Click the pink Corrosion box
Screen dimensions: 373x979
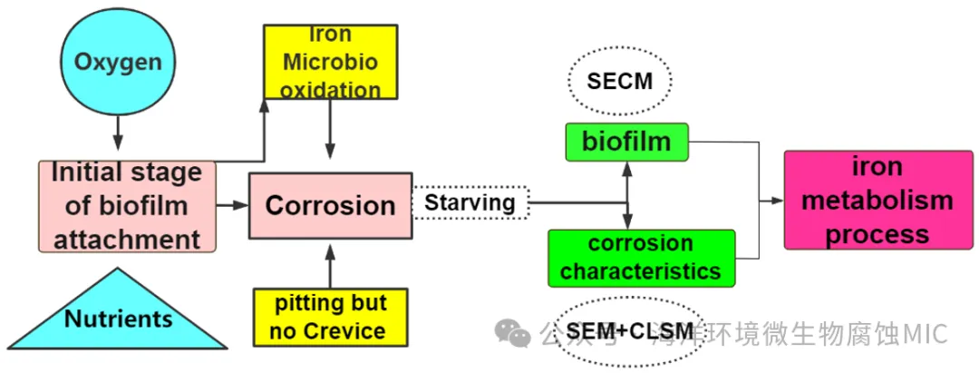[x=330, y=206]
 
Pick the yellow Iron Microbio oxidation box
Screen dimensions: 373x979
[x=330, y=62]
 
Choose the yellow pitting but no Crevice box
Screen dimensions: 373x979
[x=330, y=317]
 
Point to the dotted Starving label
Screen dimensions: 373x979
[x=470, y=202]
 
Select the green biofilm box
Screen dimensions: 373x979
[x=626, y=142]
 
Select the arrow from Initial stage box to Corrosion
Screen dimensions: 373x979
[x=233, y=206]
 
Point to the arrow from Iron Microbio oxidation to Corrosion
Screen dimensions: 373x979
[x=330, y=133]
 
